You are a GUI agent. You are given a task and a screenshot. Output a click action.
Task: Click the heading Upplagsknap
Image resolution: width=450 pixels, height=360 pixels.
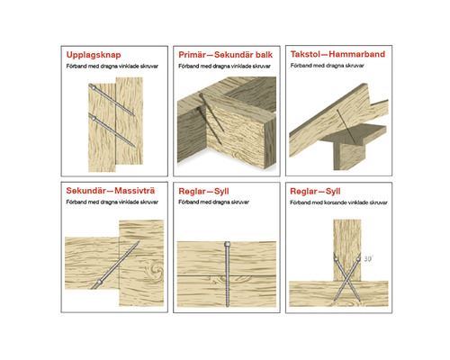click(94, 55)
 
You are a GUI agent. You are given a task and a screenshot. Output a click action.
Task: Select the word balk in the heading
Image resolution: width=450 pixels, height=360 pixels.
click(264, 55)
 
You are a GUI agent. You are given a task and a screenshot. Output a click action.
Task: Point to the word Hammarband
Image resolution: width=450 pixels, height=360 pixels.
click(356, 54)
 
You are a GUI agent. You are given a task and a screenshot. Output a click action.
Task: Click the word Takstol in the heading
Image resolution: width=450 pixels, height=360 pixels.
click(305, 54)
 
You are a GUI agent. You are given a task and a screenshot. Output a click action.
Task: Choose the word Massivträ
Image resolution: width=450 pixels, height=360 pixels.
click(135, 191)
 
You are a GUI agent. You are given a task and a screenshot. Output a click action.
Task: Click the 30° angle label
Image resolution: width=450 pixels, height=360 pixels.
click(368, 258)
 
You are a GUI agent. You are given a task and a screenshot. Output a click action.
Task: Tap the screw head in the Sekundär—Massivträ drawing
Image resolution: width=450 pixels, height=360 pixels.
click(99, 282)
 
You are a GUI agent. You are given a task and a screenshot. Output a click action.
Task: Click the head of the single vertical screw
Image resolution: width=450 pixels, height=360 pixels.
click(227, 244)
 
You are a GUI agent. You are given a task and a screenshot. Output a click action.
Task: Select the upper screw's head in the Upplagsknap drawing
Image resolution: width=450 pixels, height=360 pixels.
click(94, 88)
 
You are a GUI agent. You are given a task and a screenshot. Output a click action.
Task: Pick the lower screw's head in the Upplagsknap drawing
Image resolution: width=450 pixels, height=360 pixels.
click(94, 118)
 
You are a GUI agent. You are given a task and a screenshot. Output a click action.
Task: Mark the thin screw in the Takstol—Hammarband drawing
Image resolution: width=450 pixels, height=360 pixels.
click(346, 126)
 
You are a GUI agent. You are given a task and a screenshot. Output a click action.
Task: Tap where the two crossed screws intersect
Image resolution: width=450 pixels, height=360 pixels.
click(346, 281)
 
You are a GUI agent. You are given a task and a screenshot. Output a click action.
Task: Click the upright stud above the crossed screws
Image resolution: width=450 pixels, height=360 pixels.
click(347, 250)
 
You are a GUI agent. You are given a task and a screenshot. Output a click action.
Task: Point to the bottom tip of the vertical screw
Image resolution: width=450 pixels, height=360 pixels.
click(227, 306)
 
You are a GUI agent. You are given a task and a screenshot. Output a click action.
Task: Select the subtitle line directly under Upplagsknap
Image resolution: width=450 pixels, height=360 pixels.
click(112, 67)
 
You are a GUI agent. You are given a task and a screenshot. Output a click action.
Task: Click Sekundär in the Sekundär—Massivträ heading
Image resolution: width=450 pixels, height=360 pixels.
click(86, 191)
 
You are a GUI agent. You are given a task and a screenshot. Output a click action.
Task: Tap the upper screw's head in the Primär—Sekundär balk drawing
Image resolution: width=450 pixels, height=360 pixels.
click(202, 95)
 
